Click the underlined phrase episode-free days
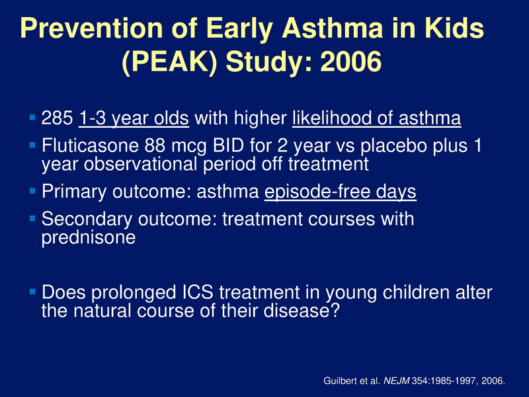340,193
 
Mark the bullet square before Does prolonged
34,292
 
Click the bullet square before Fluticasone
34,144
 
